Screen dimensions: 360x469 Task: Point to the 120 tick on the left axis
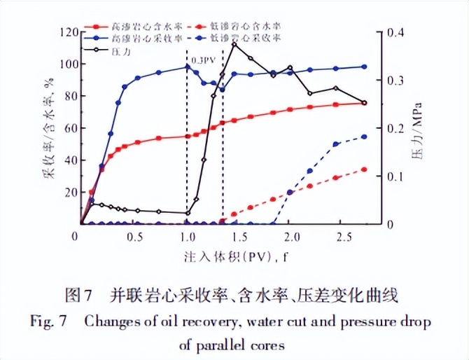click(x=68, y=32)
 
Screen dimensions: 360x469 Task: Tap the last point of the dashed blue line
click(x=364, y=137)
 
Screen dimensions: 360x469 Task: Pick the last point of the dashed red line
click(x=364, y=169)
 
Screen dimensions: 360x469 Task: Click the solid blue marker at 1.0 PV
click(x=187, y=67)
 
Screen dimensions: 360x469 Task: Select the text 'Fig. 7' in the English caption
click(x=47, y=321)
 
